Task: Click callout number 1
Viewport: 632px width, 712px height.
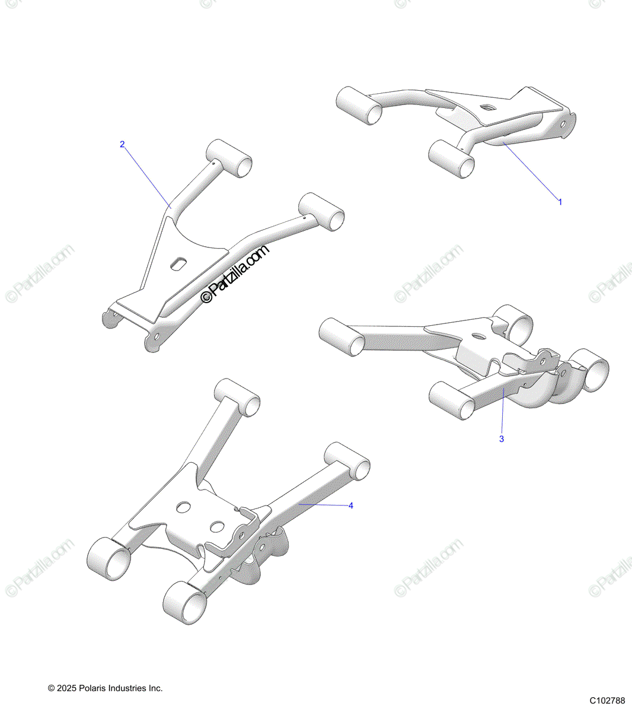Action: click(560, 202)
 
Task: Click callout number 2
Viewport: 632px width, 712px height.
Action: click(123, 144)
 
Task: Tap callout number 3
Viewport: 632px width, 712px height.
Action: click(502, 439)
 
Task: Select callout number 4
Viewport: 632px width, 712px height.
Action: click(351, 506)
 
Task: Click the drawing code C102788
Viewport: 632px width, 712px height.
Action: click(607, 701)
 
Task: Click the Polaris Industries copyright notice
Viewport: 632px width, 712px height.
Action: click(105, 688)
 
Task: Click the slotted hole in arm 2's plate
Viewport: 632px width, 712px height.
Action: click(177, 263)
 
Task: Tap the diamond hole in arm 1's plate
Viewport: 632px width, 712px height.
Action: click(487, 107)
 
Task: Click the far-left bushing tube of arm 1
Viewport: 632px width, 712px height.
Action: click(359, 105)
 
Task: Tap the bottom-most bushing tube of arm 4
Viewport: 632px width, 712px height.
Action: click(184, 603)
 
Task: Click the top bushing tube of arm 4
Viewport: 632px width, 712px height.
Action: click(237, 396)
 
